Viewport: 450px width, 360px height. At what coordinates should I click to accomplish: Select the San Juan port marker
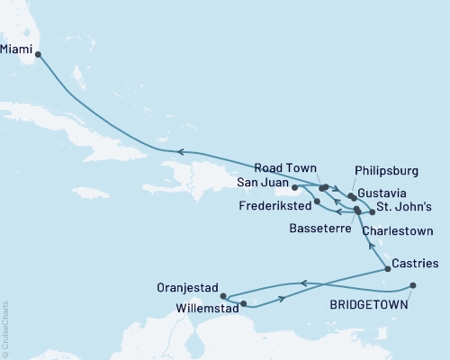click(294, 188)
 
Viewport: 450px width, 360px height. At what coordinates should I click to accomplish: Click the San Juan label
click(260, 183)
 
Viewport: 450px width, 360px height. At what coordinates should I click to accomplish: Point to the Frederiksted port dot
click(317, 201)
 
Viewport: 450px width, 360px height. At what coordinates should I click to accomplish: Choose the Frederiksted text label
click(275, 206)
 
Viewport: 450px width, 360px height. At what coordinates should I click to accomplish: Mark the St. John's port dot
click(371, 211)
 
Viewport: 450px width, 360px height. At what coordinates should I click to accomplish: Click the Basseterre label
click(314, 229)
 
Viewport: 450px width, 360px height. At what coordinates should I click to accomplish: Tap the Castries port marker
click(388, 268)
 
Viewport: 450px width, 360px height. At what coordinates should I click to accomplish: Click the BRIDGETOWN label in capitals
click(367, 306)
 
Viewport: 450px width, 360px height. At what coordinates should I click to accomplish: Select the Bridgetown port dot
click(413, 285)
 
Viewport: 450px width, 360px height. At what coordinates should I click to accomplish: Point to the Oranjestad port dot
click(223, 294)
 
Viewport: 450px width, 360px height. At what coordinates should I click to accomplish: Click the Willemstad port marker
click(244, 304)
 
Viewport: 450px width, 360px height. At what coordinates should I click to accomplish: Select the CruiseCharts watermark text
click(5, 329)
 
